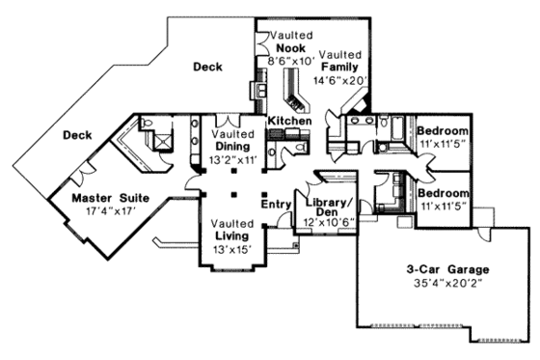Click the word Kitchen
(x=288, y=121)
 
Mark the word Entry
(x=276, y=205)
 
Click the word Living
(x=231, y=235)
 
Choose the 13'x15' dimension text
(x=231, y=250)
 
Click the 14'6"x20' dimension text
(x=341, y=82)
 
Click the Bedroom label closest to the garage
(x=445, y=193)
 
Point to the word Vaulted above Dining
(x=230, y=134)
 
